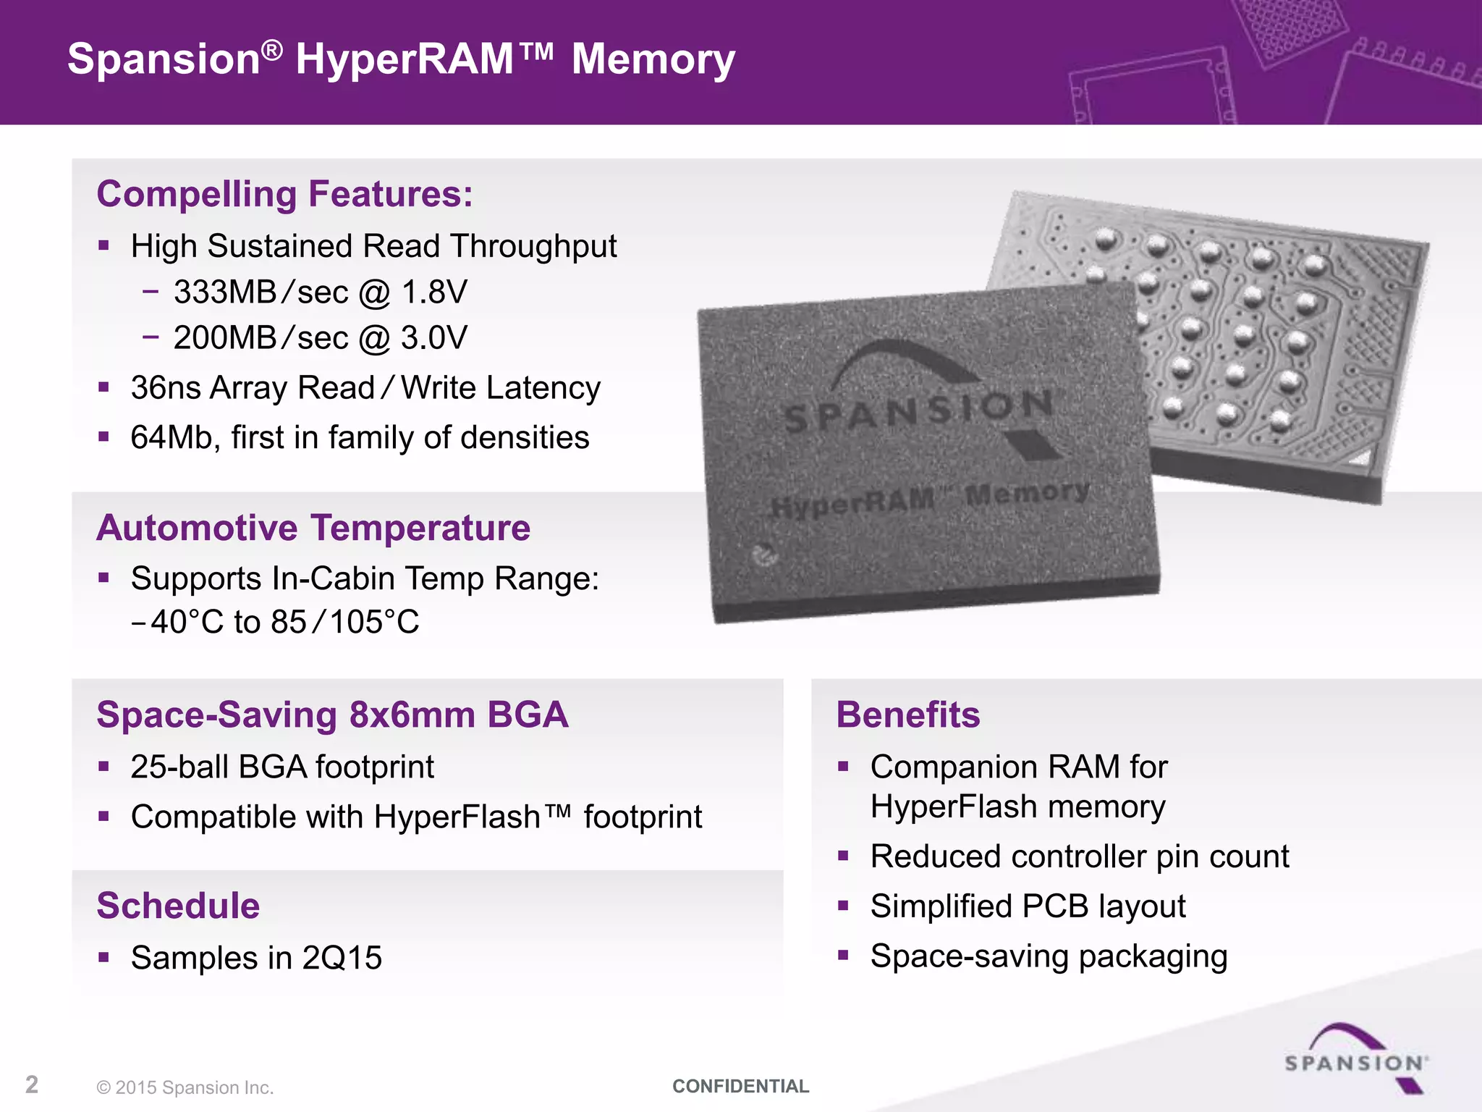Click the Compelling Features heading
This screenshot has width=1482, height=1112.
point(284,194)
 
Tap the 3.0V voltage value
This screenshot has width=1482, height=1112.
point(434,338)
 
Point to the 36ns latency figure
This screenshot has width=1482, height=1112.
point(165,388)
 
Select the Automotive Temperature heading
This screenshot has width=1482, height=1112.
point(313,528)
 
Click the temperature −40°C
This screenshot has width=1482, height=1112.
point(177,622)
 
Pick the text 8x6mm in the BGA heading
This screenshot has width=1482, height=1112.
point(412,715)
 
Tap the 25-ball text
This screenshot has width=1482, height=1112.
point(179,767)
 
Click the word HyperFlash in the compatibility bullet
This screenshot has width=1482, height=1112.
point(457,817)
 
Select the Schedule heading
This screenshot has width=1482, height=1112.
point(178,906)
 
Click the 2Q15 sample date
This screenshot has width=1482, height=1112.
point(342,959)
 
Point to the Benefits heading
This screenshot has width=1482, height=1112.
point(908,715)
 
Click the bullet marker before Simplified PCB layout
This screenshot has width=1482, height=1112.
point(843,906)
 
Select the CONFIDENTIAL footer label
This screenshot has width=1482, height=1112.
point(740,1086)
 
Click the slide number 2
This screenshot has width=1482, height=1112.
point(32,1084)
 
